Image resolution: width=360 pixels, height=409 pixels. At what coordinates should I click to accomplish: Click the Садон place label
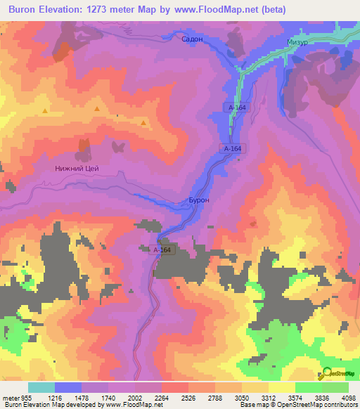coord(192,39)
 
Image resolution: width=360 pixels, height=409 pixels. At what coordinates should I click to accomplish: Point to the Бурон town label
coord(199,200)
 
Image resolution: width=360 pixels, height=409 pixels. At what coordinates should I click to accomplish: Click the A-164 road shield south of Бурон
coord(162,249)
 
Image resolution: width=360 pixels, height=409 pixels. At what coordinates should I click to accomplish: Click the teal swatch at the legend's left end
coord(41,387)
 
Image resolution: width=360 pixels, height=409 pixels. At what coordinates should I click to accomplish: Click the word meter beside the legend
coord(10,396)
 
